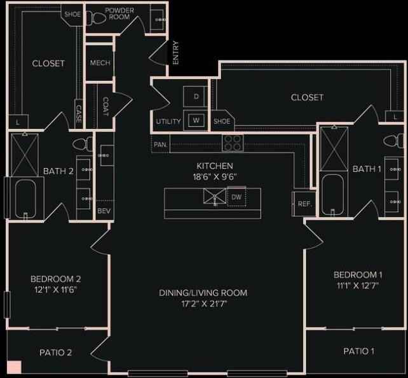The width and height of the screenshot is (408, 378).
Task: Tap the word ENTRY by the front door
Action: click(176, 53)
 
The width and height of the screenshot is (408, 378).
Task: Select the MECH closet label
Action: click(100, 63)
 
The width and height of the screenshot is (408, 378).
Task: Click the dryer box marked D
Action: click(196, 96)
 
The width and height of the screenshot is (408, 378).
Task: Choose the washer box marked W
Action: click(196, 120)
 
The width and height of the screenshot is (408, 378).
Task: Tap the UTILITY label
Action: click(168, 121)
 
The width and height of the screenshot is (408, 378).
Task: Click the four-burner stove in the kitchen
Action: click(233, 143)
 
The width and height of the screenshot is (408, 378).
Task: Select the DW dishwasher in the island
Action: click(236, 197)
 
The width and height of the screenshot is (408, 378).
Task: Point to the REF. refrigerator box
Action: click(303, 204)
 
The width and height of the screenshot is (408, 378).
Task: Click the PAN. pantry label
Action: click(161, 144)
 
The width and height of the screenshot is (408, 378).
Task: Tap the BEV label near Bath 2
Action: click(104, 211)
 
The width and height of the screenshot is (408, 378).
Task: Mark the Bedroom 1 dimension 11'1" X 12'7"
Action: click(358, 286)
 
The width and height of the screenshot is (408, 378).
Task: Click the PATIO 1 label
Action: click(359, 351)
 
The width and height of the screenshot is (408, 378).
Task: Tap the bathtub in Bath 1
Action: click(332, 195)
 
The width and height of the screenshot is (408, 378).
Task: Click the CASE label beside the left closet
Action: click(79, 114)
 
